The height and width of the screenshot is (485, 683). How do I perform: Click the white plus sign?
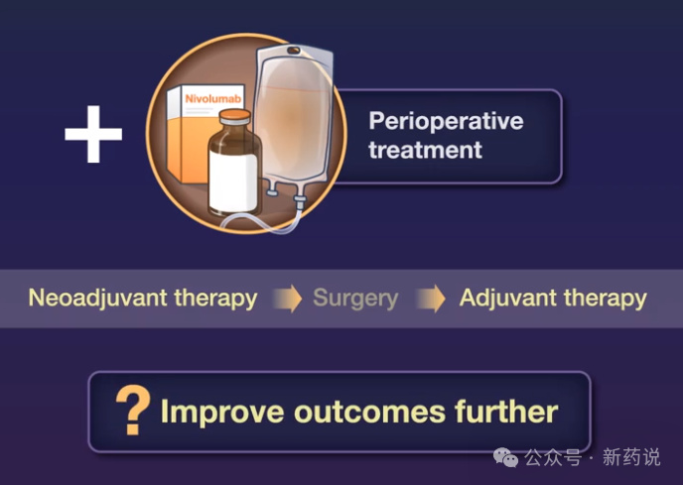(93, 134)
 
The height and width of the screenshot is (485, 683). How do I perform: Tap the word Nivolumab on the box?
(213, 99)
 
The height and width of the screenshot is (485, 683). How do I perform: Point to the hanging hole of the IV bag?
(294, 51)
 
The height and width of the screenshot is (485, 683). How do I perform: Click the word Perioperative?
(446, 121)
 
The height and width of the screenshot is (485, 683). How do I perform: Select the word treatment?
(425, 150)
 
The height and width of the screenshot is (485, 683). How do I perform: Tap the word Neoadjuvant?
(98, 299)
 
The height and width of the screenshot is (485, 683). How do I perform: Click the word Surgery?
(355, 300)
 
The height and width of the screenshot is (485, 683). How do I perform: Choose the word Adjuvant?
(508, 299)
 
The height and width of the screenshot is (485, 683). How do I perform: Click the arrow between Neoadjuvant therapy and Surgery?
(288, 299)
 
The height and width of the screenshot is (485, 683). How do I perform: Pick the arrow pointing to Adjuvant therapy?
(431, 299)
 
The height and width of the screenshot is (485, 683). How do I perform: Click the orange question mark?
(133, 410)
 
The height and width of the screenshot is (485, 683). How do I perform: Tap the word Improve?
(222, 412)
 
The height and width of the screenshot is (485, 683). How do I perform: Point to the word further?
(506, 411)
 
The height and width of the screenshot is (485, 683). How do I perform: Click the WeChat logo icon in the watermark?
(505, 457)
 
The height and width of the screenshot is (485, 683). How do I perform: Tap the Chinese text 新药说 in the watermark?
(631, 457)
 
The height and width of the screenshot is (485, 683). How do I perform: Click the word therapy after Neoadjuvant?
(215, 299)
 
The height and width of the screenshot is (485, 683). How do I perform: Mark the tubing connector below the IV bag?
(300, 201)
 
